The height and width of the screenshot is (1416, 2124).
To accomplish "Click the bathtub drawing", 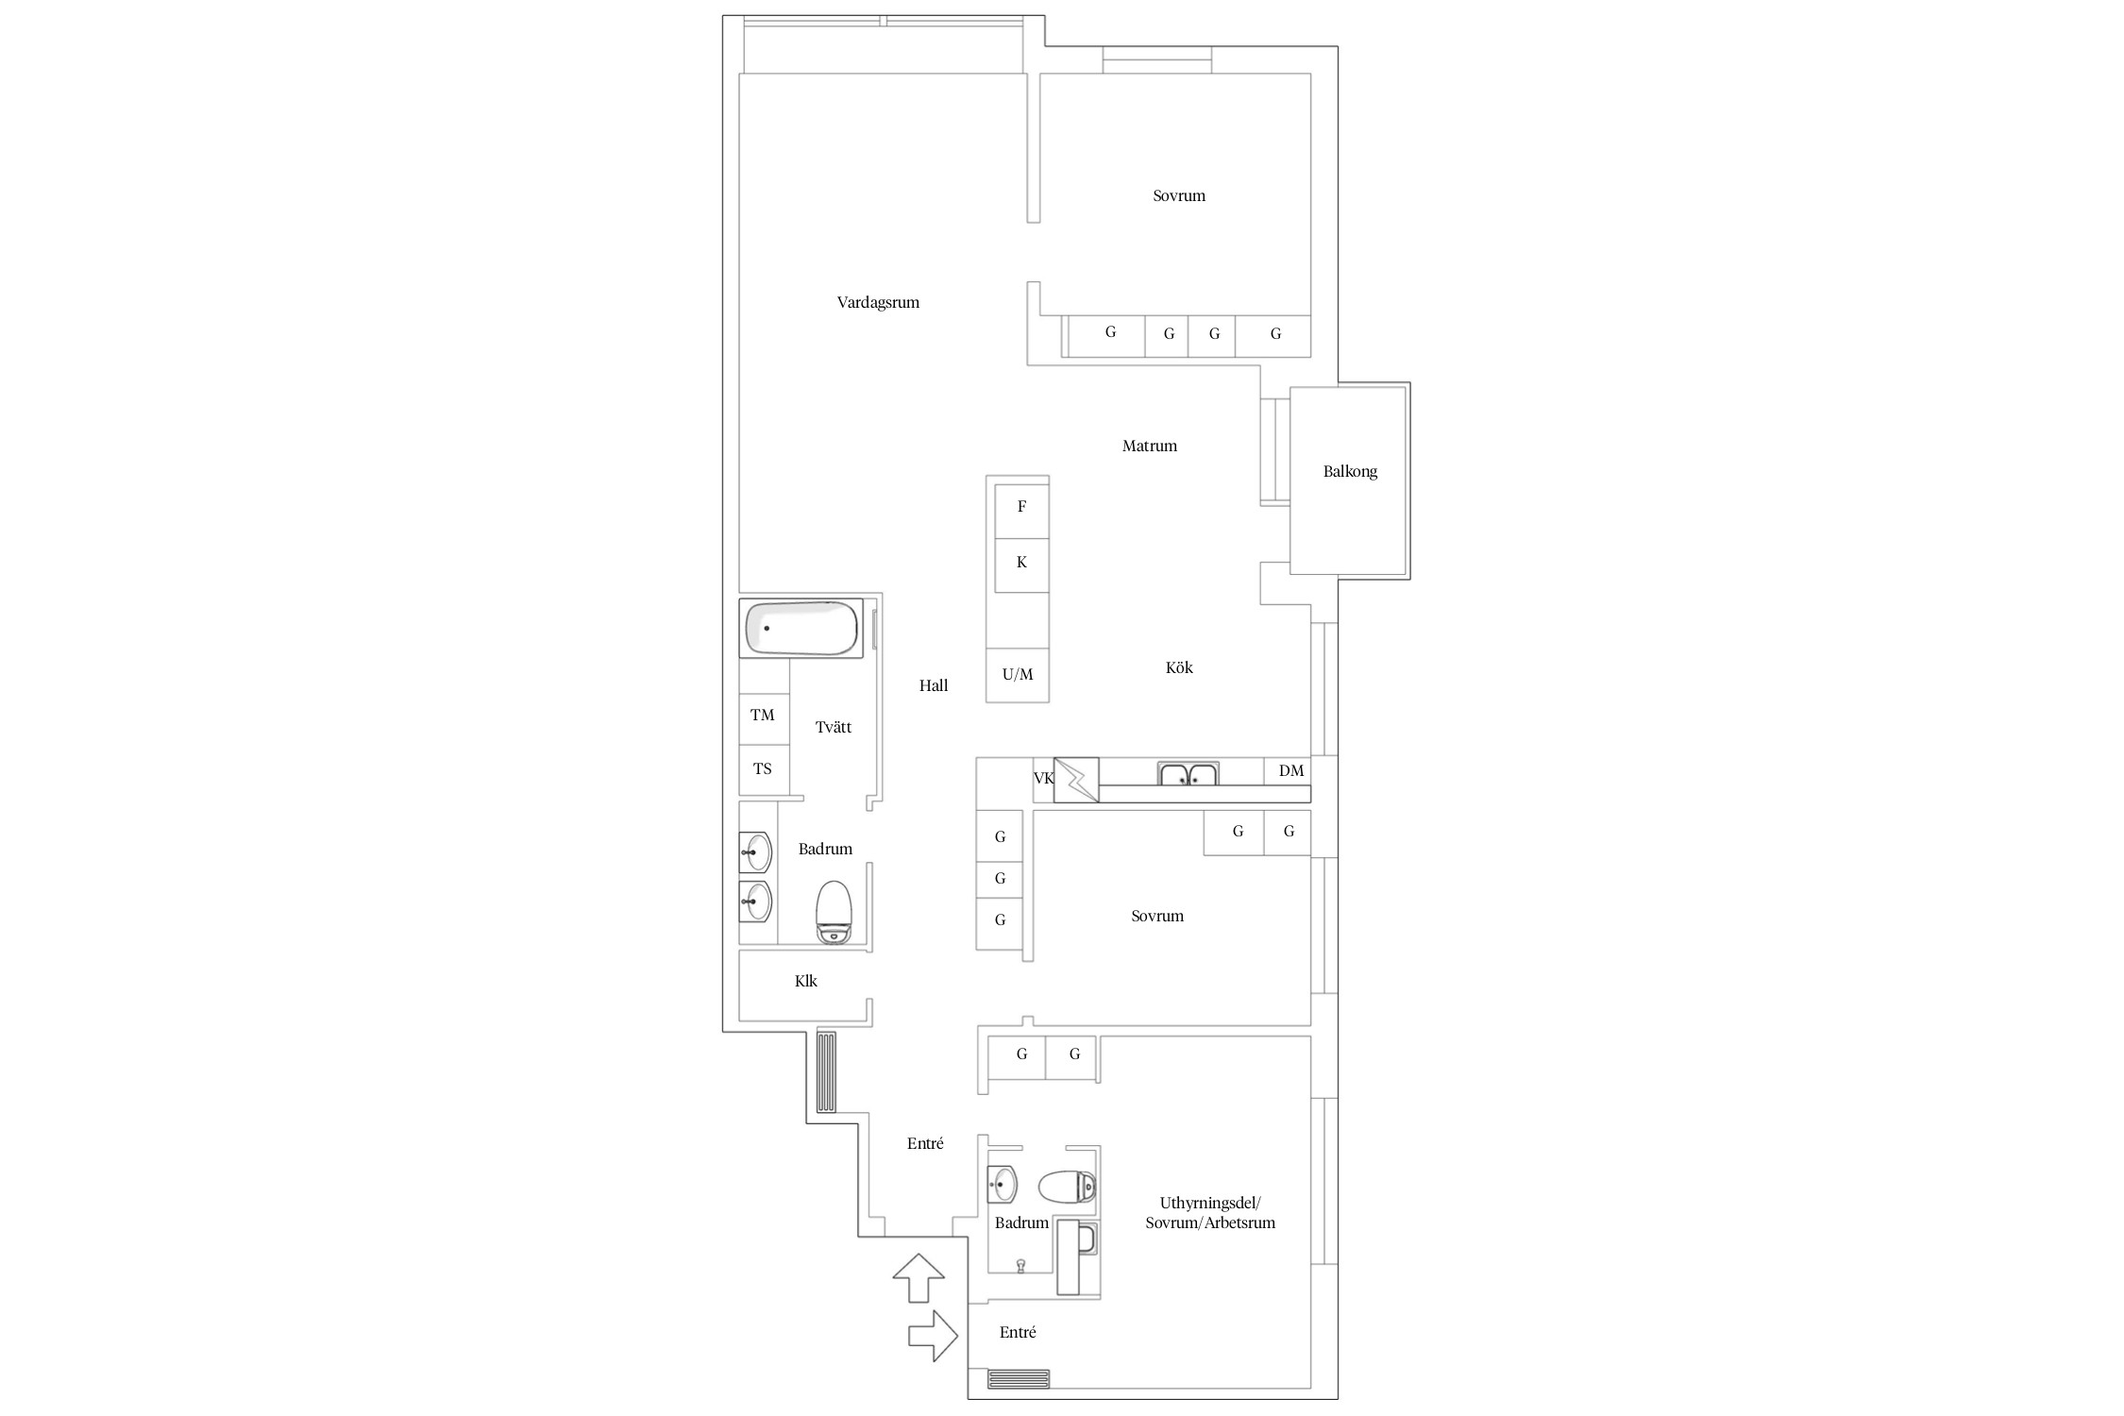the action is tap(801, 628).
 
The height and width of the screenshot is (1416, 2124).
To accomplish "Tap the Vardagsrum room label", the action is tap(878, 303).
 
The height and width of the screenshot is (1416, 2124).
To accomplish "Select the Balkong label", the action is tap(1350, 472).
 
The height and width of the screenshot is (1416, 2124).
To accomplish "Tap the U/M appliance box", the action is tap(1018, 675).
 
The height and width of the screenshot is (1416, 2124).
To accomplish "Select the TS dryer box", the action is tap(764, 769).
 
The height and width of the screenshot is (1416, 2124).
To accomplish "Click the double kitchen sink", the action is tap(1188, 773).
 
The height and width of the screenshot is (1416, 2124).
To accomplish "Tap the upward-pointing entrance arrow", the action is tap(919, 1278).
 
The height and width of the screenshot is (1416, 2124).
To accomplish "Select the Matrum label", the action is tap(1149, 447).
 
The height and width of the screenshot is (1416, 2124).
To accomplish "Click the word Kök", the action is tap(1179, 668).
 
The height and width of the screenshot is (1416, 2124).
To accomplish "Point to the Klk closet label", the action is tap(806, 982).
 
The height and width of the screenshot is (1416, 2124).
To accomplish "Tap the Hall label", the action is tap(934, 686).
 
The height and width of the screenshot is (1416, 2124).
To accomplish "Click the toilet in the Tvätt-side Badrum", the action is tap(834, 912).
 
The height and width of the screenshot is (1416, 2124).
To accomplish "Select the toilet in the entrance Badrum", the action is tap(1068, 1187).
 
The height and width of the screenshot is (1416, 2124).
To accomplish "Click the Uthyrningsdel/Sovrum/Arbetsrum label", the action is tap(1210, 1213).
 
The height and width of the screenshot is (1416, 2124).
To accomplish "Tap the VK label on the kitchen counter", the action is tap(1043, 779).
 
